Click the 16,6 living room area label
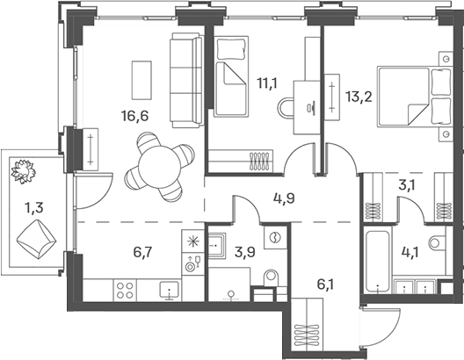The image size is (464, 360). [130, 114]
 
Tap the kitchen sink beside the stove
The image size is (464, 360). [167, 288]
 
